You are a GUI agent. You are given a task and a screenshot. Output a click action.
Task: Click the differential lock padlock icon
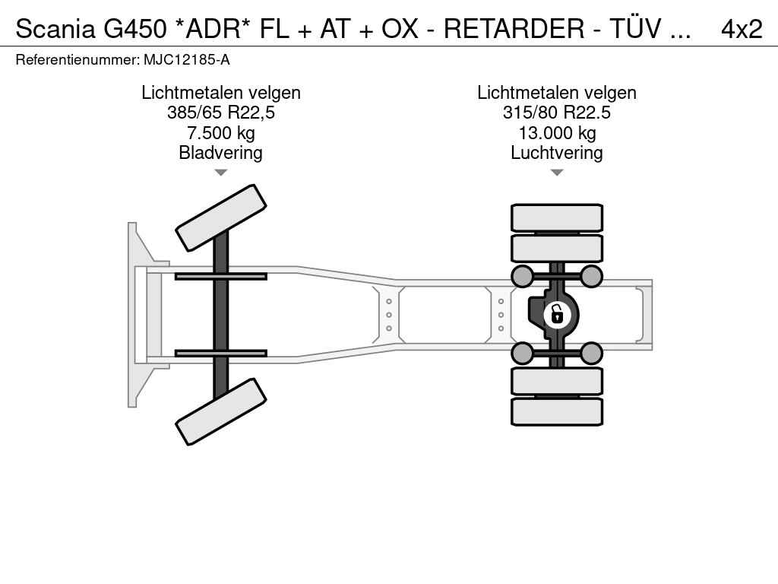557,314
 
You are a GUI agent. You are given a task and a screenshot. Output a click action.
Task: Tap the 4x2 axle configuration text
742,29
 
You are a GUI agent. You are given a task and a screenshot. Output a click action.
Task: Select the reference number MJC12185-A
187,60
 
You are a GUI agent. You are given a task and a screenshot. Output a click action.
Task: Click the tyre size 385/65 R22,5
221,113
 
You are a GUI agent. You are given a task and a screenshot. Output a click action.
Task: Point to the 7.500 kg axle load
221,133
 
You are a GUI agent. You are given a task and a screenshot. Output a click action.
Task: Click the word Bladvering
221,153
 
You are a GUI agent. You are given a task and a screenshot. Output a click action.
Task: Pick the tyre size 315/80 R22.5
557,113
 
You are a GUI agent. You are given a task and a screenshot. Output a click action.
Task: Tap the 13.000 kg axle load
557,133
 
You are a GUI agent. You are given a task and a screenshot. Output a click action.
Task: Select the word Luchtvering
557,153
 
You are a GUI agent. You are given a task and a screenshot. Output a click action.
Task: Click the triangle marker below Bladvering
221,173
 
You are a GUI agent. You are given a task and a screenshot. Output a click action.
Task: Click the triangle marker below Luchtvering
557,173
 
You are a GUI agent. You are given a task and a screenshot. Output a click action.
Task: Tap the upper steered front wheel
221,217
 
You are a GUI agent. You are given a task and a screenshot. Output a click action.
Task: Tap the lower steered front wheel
221,411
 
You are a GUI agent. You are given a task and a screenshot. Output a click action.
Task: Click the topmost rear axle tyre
557,218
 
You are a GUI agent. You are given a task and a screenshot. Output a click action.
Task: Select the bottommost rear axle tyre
557,411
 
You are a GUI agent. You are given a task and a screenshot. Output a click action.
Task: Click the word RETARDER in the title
514,29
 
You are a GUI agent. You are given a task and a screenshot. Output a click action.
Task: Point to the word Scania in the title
55,29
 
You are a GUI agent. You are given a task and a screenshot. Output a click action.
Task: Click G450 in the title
135,29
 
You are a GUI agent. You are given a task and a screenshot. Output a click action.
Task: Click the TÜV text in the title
635,28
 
